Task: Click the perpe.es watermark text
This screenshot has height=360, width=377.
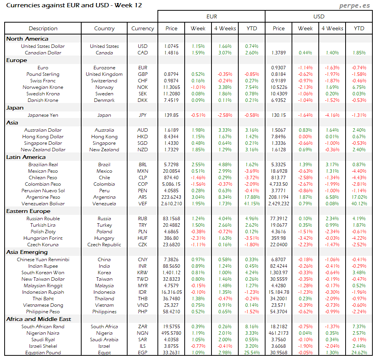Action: (355, 6)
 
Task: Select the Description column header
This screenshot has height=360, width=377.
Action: (43, 28)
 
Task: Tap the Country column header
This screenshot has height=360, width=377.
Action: (104, 28)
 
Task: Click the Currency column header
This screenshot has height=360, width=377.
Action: (143, 28)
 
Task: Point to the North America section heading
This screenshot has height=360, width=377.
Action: (27, 39)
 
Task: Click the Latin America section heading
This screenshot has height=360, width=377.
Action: (26, 157)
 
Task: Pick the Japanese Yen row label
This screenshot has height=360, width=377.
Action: (43, 115)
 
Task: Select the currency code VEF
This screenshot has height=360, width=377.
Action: (143, 204)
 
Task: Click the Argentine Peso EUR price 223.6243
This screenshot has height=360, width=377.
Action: (171, 197)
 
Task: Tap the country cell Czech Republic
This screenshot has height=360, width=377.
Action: (104, 245)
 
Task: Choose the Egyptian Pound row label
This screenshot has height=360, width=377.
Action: (43, 353)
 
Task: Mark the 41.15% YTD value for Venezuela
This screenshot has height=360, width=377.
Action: (252, 204)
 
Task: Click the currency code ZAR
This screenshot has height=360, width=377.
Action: (143, 327)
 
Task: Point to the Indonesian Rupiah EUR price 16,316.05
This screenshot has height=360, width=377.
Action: (171, 292)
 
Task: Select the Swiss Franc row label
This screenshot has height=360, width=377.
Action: (43, 81)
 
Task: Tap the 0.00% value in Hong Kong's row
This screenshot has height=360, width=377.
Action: (305, 137)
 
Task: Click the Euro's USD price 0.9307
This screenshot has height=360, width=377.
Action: (279, 68)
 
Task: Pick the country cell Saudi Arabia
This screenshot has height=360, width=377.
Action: (104, 340)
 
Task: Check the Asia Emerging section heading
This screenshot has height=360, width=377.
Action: (27, 252)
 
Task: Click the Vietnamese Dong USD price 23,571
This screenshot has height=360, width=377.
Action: (279, 305)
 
